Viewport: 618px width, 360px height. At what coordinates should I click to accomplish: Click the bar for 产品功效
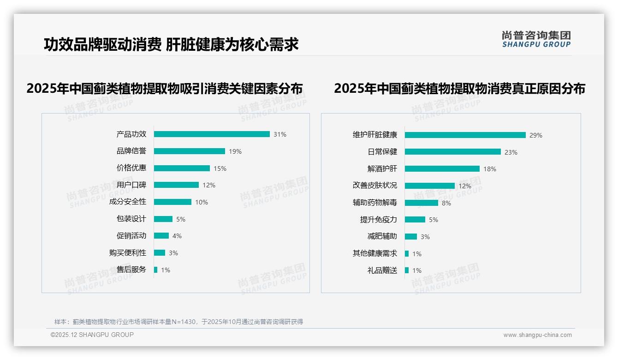[212, 134]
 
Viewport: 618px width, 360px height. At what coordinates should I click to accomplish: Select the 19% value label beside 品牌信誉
[235, 151]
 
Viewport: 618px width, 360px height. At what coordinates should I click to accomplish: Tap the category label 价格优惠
[131, 168]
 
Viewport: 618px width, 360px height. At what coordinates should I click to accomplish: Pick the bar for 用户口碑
[176, 185]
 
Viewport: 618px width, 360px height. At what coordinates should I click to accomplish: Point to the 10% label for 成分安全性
[202, 202]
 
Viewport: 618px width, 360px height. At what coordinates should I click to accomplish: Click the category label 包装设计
[131, 219]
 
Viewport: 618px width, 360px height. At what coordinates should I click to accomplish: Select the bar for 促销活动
[161, 236]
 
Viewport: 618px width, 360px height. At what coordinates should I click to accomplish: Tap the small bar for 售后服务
[156, 270]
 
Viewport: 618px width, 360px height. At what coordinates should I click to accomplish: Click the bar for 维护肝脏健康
[465, 135]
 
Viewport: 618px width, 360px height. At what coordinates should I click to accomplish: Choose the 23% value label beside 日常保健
[511, 152]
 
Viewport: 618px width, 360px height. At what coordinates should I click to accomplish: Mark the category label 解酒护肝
[382, 169]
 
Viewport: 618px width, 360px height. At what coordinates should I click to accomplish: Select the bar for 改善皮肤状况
[430, 186]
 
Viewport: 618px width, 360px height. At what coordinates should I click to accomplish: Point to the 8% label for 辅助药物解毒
[446, 203]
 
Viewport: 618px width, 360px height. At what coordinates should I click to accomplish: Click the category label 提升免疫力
[379, 220]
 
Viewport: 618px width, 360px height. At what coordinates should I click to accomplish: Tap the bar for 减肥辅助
[411, 237]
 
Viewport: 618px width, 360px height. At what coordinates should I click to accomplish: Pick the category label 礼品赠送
[382, 270]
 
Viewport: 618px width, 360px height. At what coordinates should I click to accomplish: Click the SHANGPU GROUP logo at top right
[536, 39]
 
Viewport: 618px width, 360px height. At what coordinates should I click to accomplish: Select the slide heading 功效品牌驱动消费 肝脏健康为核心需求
[171, 44]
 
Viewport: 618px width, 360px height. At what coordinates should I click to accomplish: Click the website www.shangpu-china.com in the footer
[537, 335]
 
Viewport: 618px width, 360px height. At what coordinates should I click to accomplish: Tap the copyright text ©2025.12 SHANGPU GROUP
[92, 335]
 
